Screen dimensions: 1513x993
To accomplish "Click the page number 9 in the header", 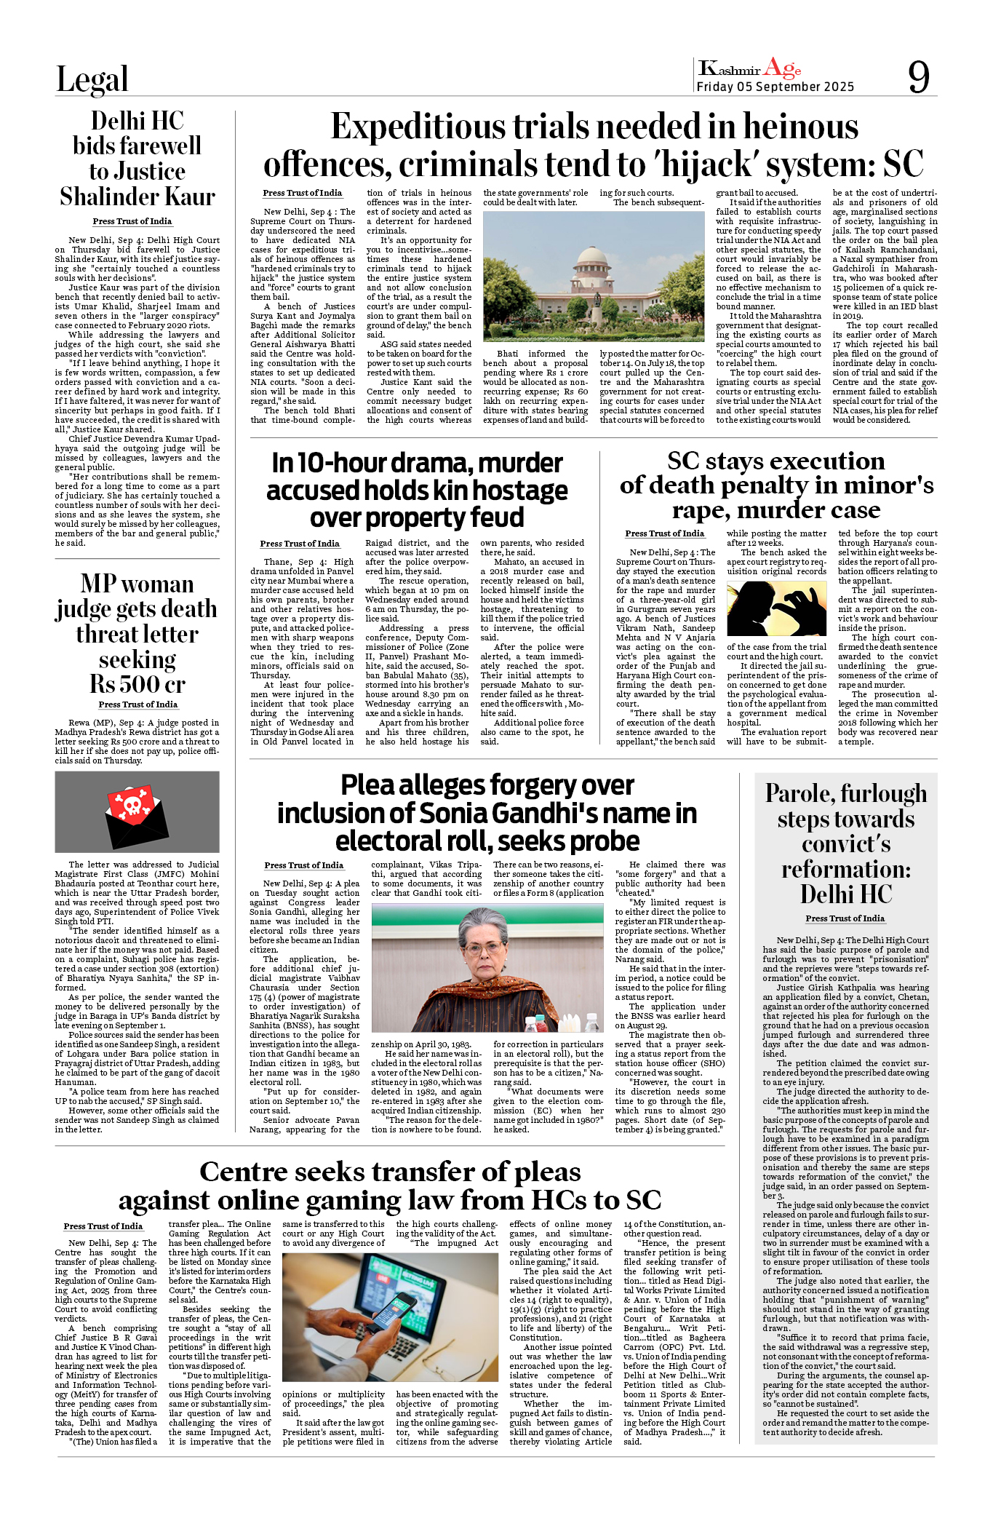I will (919, 76).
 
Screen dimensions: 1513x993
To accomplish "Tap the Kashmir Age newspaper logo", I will (749, 69).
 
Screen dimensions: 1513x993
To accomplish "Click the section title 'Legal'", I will (92, 79).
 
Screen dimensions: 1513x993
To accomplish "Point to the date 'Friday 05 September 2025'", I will (775, 87).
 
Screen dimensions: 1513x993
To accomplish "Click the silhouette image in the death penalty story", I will (776, 608).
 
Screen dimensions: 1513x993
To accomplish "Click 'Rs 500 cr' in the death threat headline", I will (137, 685).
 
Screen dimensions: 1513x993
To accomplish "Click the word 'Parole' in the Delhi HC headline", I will (797, 793).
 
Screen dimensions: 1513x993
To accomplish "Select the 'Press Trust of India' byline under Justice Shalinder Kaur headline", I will (132, 221).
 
